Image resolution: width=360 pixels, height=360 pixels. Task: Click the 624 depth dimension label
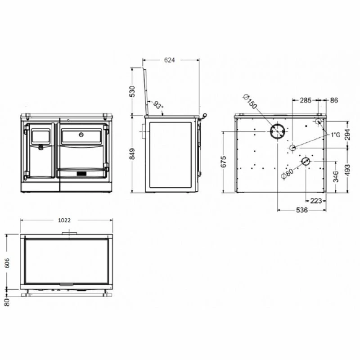pos(170,60)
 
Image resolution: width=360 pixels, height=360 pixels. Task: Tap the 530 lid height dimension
pos(132,91)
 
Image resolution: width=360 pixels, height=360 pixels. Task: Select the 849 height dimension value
pos(132,154)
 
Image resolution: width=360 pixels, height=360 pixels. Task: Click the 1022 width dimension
pos(64,220)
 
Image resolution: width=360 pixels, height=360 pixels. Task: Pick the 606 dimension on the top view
pos(7,263)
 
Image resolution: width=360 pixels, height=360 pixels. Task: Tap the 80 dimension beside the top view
pos(7,302)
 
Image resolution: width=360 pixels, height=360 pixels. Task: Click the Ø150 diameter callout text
pos(250,101)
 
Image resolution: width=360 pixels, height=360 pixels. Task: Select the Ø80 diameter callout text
pos(287,174)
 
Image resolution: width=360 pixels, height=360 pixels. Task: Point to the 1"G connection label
pos(335,135)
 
